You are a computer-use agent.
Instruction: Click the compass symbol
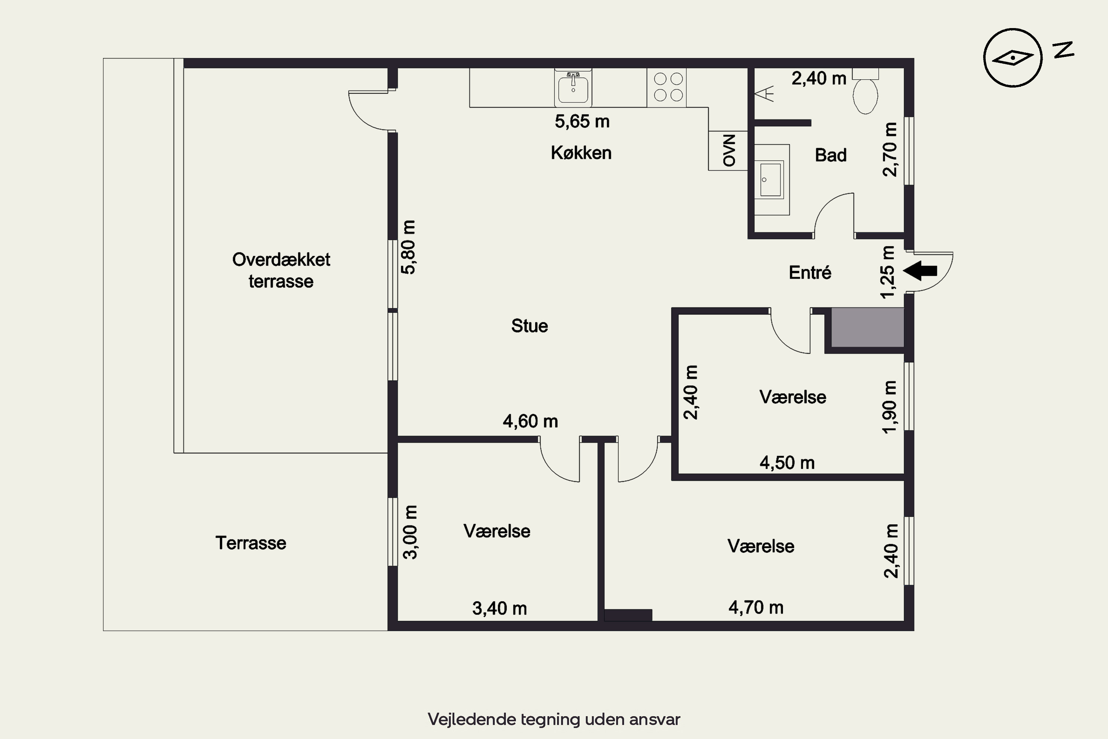click(1012, 58)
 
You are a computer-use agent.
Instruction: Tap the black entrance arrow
click(920, 270)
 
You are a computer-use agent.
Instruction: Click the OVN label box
click(728, 150)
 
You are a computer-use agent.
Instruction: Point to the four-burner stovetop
click(667, 88)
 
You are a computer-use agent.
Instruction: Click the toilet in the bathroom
click(865, 92)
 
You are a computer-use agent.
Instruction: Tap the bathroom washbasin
click(772, 180)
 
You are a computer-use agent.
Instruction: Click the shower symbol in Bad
click(765, 94)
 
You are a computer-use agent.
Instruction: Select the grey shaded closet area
click(867, 327)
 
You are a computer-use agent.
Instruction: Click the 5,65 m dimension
click(582, 122)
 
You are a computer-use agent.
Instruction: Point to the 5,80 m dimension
click(408, 247)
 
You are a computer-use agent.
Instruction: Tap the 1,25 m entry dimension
click(888, 272)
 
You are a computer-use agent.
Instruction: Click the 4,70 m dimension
click(756, 607)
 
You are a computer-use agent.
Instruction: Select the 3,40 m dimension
click(499, 609)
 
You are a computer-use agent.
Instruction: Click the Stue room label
click(530, 326)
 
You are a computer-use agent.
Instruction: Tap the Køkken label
click(581, 153)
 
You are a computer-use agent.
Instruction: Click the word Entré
click(810, 272)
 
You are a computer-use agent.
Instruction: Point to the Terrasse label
click(251, 543)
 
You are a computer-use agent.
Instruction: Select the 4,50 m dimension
click(787, 463)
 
